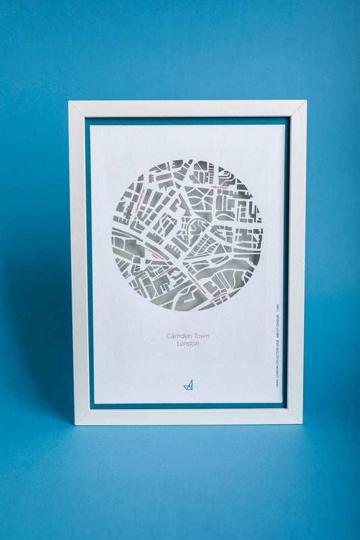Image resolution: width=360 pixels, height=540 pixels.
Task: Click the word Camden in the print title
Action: tap(178, 335)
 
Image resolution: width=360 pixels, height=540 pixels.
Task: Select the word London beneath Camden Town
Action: tap(188, 344)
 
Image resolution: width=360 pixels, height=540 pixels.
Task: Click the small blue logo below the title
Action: tap(188, 385)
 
